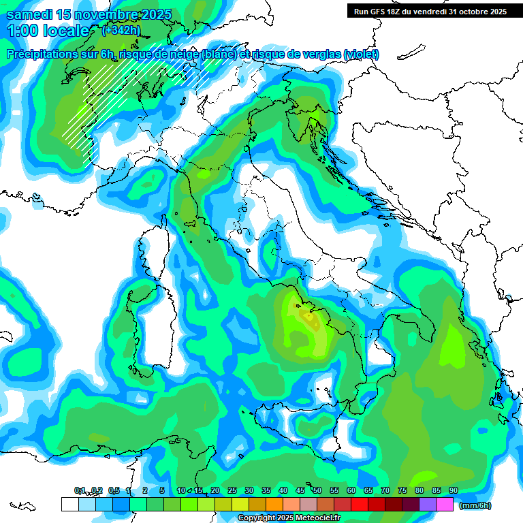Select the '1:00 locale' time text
48,31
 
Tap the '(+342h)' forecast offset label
121,30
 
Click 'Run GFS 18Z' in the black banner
381,11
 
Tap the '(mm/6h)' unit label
475,505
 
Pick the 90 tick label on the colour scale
454,490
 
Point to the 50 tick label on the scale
317,490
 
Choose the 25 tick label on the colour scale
232,490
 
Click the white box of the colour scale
69,504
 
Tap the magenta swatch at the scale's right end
445,504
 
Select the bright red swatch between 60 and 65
360,504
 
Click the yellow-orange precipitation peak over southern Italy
308,315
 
